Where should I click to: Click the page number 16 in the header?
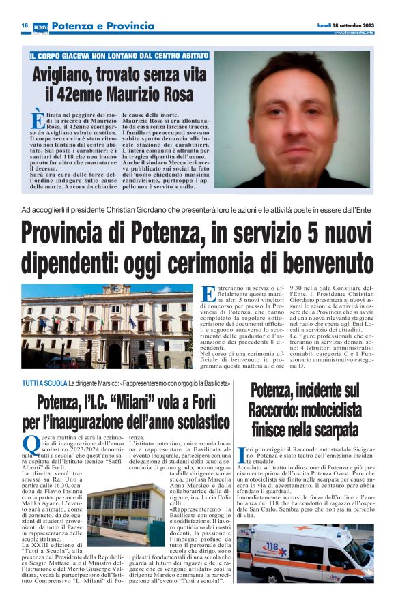click(x=24, y=26)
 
